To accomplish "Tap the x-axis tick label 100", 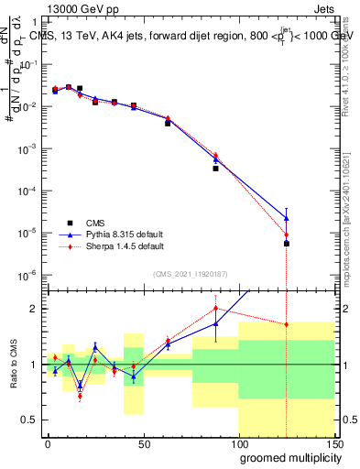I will pyautogui.click(x=238, y=444).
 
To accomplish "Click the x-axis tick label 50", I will pyautogui.click(x=143, y=444).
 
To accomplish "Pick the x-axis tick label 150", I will pyautogui.click(x=333, y=444).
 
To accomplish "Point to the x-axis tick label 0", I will pyautogui.click(x=48, y=444).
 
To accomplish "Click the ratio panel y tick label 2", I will pyautogui.click(x=33, y=309).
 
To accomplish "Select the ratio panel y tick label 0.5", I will pyautogui.click(x=29, y=420).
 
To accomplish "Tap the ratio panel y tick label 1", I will pyautogui.click(x=33, y=365).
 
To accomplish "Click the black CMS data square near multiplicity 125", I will pyautogui.click(x=287, y=244).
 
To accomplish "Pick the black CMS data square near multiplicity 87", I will pyautogui.click(x=215, y=169).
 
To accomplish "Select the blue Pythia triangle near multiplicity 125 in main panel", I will pyautogui.click(x=287, y=218).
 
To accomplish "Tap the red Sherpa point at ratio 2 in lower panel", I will pyautogui.click(x=215, y=308).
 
